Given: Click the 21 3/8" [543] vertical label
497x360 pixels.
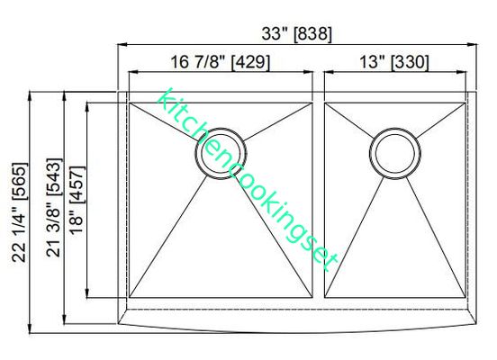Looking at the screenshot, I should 53,211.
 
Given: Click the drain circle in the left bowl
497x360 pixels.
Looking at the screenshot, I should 219,152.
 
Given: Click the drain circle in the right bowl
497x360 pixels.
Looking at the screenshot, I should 395,152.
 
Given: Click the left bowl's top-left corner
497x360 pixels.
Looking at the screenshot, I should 130,103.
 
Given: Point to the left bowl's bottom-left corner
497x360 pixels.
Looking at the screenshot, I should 130,298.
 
